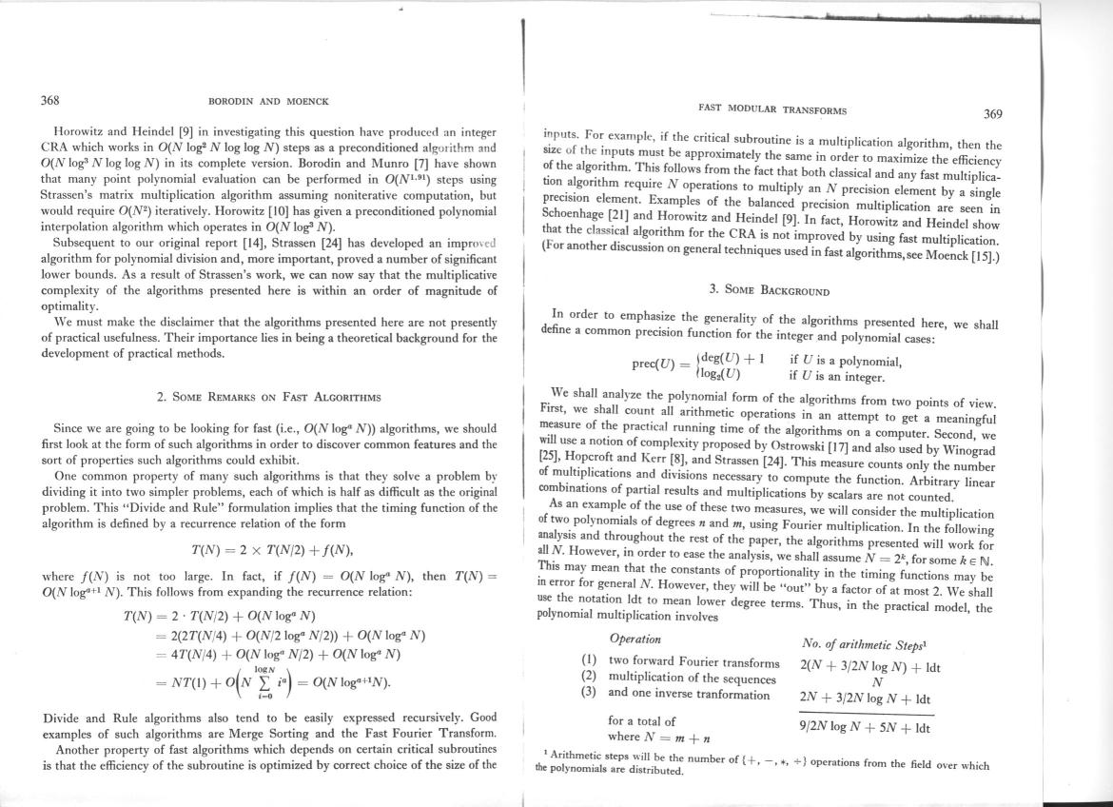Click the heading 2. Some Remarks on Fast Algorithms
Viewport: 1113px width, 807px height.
click(x=268, y=396)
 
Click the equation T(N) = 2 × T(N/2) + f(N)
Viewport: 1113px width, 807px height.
click(x=273, y=549)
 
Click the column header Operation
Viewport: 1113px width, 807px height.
click(x=635, y=639)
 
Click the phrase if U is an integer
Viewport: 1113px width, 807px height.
click(x=844, y=377)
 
